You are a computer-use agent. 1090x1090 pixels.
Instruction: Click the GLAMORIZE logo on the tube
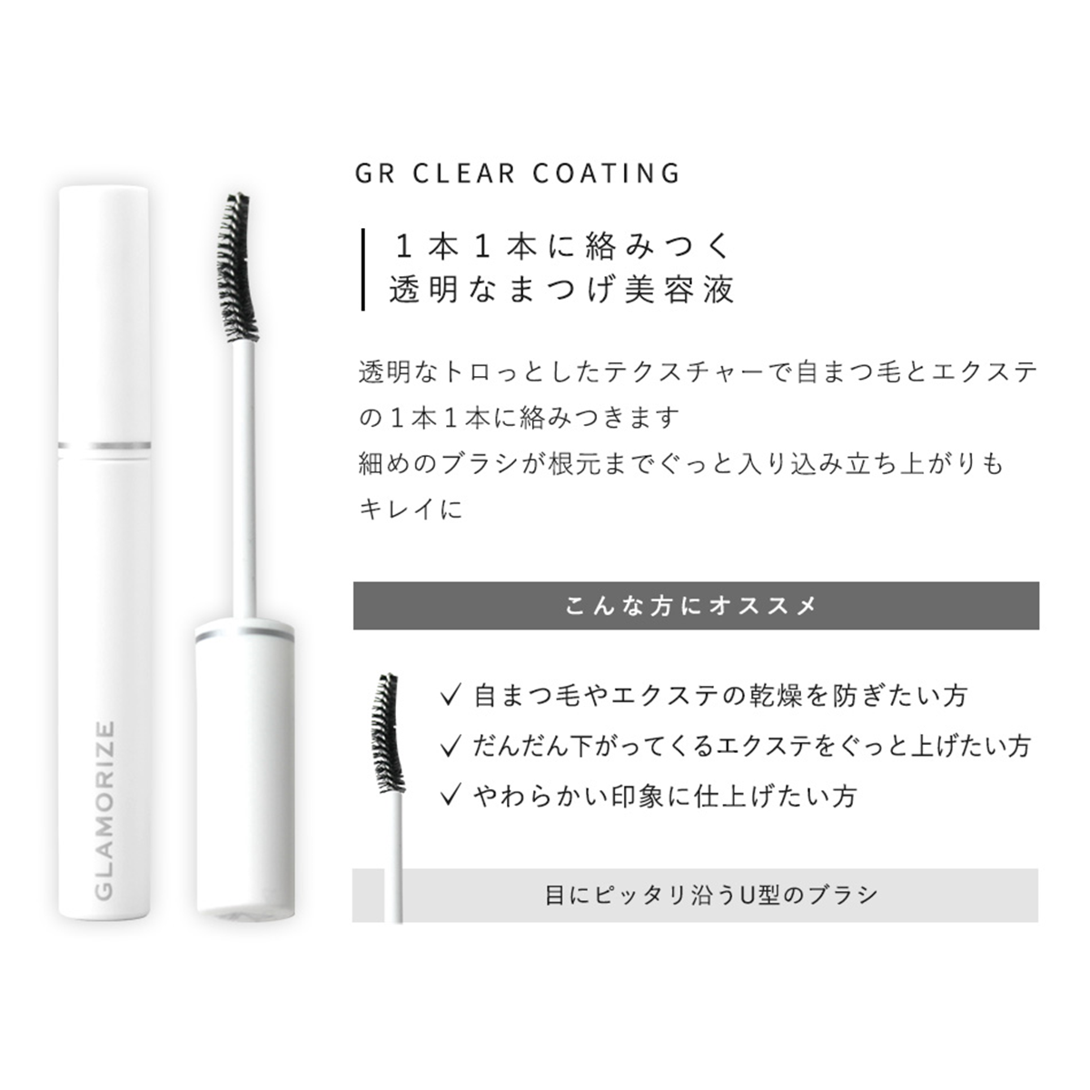pyautogui.click(x=104, y=810)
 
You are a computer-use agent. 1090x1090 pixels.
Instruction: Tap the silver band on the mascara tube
pyautogui.click(x=104, y=445)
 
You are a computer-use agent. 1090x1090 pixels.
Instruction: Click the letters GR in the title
pyautogui.click(x=375, y=173)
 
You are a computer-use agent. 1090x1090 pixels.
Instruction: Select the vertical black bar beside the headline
pyautogui.click(x=362, y=269)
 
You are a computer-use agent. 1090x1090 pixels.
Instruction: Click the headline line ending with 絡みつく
pyautogui.click(x=561, y=246)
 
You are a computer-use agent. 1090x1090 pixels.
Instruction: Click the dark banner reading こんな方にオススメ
pyautogui.click(x=696, y=606)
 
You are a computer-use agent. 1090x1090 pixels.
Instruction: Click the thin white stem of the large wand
pyautogui.click(x=241, y=472)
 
